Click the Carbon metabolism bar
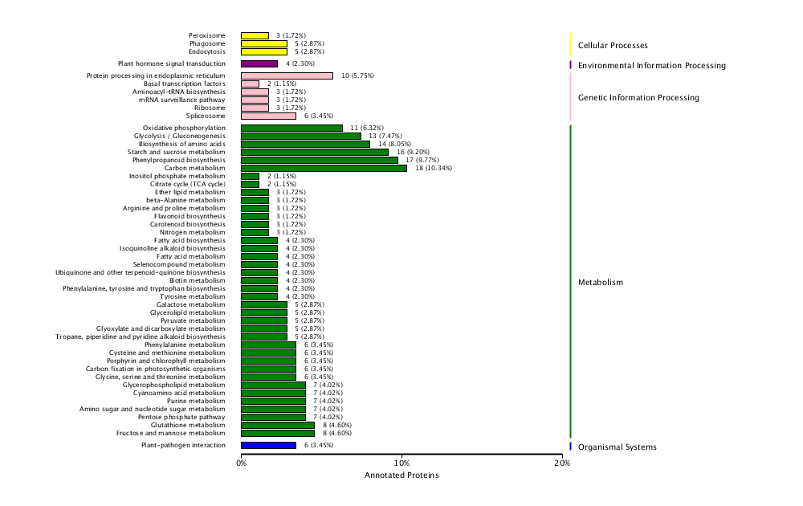324,168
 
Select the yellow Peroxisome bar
255,35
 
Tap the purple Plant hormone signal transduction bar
259,63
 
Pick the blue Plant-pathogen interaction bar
268,445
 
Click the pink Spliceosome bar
268,116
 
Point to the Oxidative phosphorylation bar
291,128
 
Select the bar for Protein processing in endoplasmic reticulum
287,75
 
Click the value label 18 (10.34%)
434,168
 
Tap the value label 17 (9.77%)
425,160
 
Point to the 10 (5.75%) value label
357,75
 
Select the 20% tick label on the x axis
562,463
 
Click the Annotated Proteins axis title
401,475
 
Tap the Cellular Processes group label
613,46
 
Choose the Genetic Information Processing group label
638,98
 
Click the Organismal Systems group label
617,447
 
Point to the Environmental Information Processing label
651,66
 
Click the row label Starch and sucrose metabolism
176,152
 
